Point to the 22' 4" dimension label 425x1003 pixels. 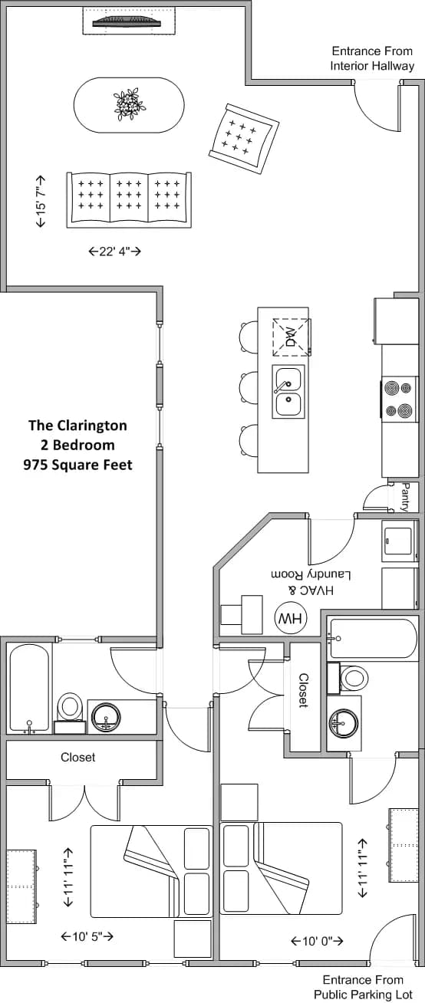coord(115,251)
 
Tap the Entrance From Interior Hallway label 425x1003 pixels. coord(372,58)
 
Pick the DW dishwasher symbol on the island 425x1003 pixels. coord(291,335)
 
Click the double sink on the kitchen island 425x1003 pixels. coord(289,391)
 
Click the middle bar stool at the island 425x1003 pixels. coord(249,387)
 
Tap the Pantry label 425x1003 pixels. coord(406,497)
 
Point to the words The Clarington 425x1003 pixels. coord(77,425)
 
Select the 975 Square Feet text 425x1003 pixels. coord(77,465)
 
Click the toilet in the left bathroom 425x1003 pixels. coord(71,706)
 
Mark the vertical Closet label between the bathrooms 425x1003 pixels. coord(304,690)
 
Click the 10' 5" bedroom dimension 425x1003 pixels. coord(87,936)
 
